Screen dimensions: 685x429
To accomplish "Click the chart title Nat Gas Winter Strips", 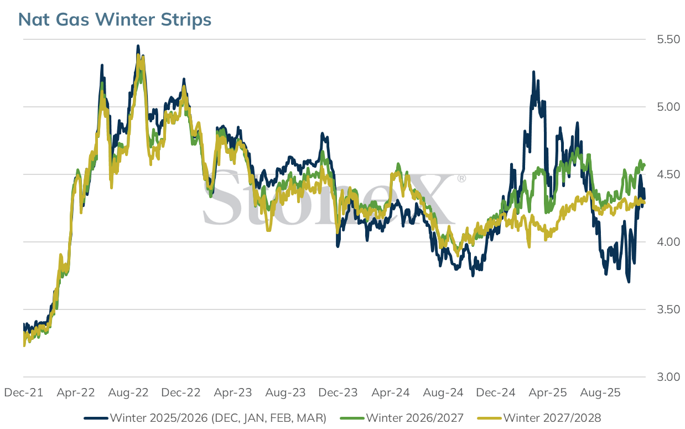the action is [x=115, y=19].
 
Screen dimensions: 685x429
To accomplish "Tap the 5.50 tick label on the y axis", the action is [x=668, y=39].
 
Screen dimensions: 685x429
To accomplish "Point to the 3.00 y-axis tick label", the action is [x=668, y=377].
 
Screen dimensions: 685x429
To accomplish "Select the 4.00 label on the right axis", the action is [x=668, y=242].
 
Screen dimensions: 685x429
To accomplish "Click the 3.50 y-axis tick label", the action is [x=668, y=309].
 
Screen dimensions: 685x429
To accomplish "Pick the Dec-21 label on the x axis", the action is [x=24, y=392].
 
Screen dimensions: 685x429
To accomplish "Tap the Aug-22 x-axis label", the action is [x=128, y=392].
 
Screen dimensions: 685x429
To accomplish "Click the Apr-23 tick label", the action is [x=233, y=392].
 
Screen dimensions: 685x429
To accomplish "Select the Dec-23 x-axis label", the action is [x=338, y=392].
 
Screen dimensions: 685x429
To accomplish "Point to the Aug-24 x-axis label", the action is [x=443, y=392].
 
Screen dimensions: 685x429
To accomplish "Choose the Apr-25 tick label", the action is [x=548, y=392].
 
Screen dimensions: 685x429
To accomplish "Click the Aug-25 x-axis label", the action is [x=600, y=392].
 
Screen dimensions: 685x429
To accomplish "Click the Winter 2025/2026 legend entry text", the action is [x=219, y=418].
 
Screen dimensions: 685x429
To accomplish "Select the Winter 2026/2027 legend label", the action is [x=415, y=418].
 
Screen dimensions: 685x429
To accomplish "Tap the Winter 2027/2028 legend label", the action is [x=552, y=418].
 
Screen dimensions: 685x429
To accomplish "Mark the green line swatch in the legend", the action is [x=352, y=418].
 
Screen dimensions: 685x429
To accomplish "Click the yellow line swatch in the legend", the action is [x=490, y=418].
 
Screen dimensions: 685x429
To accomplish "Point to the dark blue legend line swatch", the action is [x=96, y=418].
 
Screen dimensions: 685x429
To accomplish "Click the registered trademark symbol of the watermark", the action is [x=461, y=178].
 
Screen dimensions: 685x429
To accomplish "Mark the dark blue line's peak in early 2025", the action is [x=533, y=71].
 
